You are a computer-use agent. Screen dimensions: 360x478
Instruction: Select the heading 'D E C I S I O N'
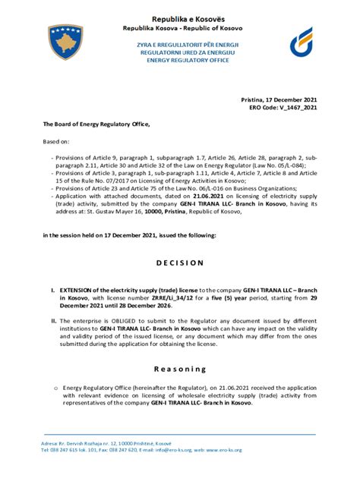(179, 263)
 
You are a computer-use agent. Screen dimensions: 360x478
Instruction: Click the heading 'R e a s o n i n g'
(179, 369)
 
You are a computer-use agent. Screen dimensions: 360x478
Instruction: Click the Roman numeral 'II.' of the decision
(52, 321)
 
